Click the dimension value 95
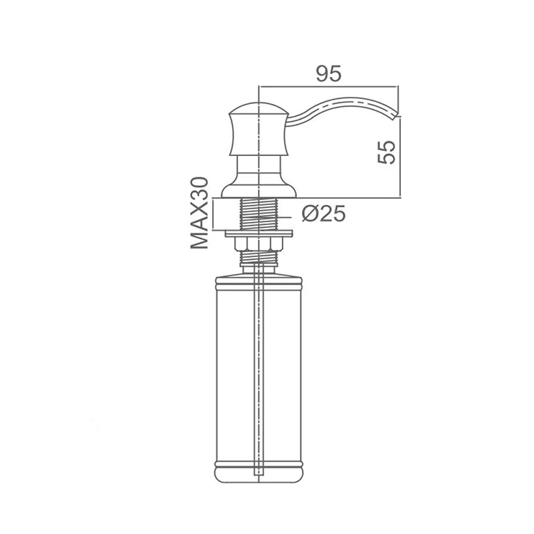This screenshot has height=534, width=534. tap(328, 73)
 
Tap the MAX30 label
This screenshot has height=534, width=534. tap(200, 214)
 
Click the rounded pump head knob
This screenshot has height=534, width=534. tap(258, 128)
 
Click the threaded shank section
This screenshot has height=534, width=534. tap(258, 214)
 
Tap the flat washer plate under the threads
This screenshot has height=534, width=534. tap(258, 233)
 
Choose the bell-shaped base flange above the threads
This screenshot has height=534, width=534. tap(258, 189)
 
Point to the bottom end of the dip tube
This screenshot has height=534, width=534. tap(258, 473)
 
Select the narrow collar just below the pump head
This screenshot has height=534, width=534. tap(258, 165)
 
